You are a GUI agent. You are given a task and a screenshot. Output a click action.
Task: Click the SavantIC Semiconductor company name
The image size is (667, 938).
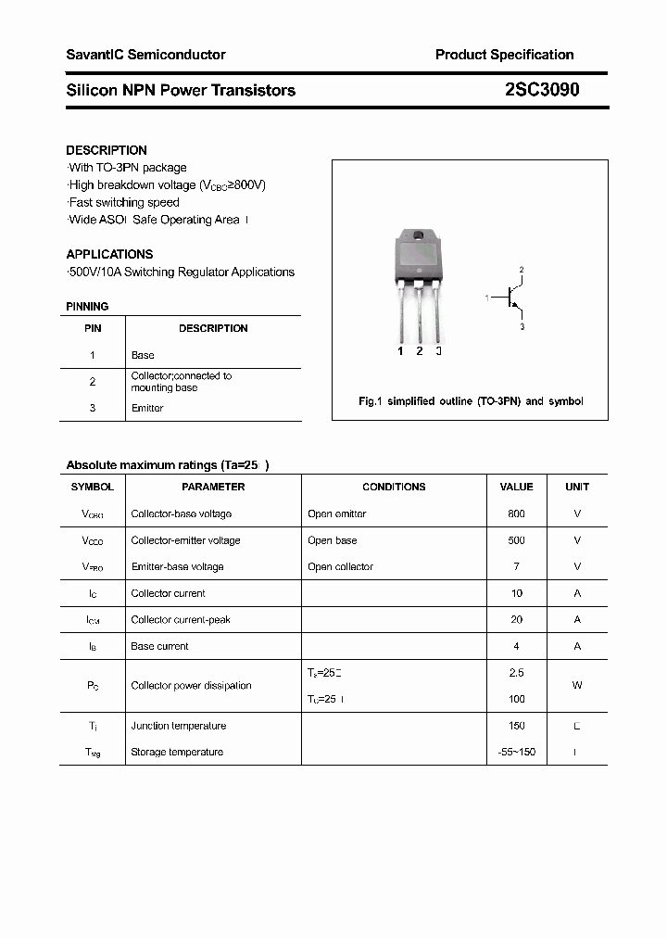click(145, 55)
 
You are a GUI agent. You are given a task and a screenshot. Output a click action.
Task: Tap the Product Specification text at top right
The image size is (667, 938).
click(504, 55)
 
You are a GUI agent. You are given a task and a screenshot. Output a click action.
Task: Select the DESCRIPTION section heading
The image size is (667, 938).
click(107, 150)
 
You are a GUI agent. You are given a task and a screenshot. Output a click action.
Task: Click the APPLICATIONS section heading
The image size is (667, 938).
click(109, 254)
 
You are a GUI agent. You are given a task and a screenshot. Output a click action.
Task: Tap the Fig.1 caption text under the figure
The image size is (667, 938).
click(471, 401)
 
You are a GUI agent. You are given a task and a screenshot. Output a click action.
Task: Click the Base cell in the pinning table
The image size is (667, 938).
click(143, 355)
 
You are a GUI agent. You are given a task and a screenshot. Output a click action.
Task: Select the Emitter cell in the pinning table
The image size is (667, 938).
click(147, 408)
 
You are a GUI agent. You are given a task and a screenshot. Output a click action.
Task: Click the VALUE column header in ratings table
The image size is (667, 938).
click(516, 487)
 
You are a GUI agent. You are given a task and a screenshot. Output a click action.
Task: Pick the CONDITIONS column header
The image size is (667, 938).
click(394, 487)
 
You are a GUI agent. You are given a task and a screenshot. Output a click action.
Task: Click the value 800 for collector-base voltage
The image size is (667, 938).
click(516, 513)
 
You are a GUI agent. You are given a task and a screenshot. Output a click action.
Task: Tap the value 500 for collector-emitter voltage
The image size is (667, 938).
click(516, 540)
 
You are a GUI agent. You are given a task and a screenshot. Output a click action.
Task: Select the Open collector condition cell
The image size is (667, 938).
click(340, 566)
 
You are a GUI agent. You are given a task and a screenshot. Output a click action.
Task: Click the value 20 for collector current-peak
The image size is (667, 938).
click(516, 619)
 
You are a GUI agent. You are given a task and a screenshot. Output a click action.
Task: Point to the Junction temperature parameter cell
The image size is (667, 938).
click(178, 726)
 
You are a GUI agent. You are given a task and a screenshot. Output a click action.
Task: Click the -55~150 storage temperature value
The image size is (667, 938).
click(516, 752)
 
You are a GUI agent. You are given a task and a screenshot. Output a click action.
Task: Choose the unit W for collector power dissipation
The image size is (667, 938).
click(577, 686)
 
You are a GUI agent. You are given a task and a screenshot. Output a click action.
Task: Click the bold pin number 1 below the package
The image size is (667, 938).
click(400, 351)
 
